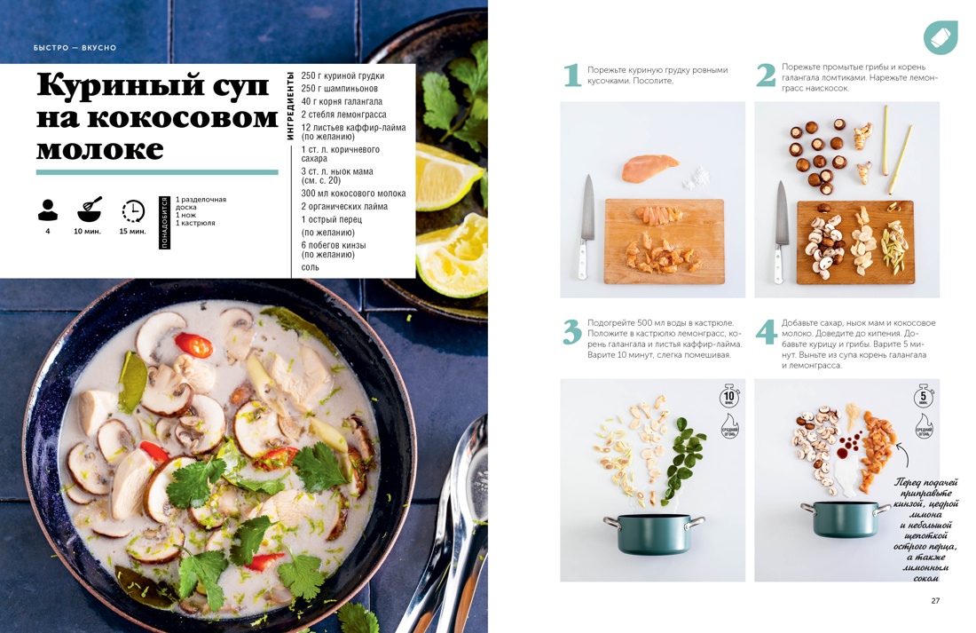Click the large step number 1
coord(572,75)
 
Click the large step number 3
coord(572,331)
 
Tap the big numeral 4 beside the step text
coord(766,331)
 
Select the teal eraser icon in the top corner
coord(940,37)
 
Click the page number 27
coord(935,601)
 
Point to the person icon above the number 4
coord(48,210)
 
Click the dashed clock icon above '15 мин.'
coord(133,210)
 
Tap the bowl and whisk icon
coord(90,210)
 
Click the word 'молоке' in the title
coord(100,148)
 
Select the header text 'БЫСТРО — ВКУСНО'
coord(75,48)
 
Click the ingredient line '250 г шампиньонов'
coord(339,89)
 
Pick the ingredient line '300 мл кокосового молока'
coord(353,194)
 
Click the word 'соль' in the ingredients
coord(310,267)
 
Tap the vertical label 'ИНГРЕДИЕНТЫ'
coord(290,107)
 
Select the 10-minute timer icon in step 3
coord(729,397)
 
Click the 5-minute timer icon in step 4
coord(923,397)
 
